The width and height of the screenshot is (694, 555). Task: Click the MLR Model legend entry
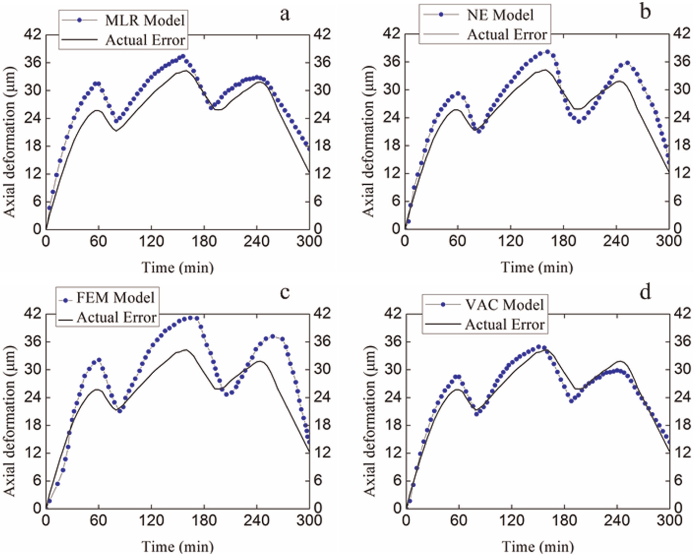145,20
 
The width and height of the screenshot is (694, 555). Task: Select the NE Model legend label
500,15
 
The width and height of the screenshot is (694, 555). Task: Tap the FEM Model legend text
116,298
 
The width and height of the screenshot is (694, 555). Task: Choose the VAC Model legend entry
504,305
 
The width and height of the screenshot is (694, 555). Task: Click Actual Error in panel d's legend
505,325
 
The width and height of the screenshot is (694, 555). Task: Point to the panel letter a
285,15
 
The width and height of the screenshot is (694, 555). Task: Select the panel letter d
645,292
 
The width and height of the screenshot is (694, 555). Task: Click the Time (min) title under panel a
177,268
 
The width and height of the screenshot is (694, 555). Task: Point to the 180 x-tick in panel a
204,241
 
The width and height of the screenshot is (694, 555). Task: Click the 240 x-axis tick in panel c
257,520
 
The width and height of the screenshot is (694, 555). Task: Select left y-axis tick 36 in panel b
392,61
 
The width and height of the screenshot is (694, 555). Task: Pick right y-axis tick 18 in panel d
682,425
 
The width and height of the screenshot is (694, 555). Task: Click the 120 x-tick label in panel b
511,241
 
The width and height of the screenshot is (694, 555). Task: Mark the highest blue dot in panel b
548,52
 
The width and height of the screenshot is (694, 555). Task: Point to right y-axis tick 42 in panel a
322,34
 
